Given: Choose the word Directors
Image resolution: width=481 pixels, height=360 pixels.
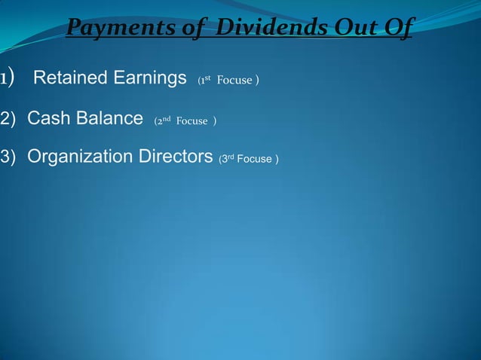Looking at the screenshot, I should (x=175, y=157).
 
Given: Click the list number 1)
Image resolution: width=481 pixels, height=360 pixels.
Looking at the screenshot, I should (x=8, y=78).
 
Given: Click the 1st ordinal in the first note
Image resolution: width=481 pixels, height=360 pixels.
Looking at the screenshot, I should (x=205, y=80).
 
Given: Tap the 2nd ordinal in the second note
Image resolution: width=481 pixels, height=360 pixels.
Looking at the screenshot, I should (x=165, y=121).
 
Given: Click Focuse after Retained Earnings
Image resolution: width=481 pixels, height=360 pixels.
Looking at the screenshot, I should (x=235, y=81).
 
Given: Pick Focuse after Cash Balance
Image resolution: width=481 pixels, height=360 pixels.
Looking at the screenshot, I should (x=192, y=121).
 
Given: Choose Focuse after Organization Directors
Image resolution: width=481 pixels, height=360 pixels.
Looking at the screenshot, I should (x=256, y=160).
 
